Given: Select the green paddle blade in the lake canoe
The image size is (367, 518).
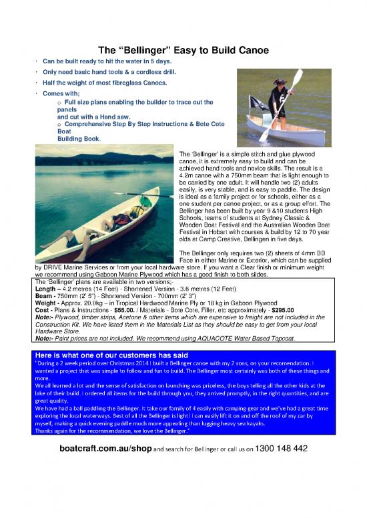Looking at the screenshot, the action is (145, 201).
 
